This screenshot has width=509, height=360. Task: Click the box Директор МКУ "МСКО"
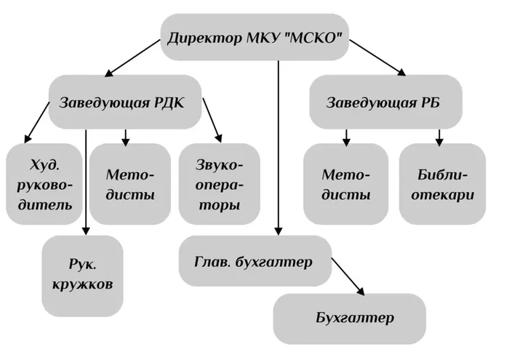coord(254,37)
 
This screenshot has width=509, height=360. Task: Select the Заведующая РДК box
coord(125,103)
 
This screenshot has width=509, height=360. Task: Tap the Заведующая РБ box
coord(385,103)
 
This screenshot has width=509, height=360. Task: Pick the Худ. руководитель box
coord(44,184)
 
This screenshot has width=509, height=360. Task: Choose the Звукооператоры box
coord(220,184)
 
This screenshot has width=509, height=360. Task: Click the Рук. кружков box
coord(82,276)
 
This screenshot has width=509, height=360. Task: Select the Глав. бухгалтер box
coord(255,261)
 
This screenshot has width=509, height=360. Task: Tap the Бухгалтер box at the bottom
coord(349,319)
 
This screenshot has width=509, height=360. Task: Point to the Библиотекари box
coord(442,184)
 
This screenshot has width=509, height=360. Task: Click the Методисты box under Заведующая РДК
coord(130,184)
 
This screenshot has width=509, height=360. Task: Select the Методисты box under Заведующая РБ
coord(346,184)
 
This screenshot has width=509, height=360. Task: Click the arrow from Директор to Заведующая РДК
coord(132,58)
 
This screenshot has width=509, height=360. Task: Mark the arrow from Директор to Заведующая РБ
coord(377,57)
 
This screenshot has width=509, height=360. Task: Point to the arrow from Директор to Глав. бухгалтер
coord(278,148)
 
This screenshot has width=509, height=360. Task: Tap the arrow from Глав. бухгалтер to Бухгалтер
coord(348,276)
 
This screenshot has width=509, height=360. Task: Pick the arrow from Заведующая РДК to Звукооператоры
coord(212,120)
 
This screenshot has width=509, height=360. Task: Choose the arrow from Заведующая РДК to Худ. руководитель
coord(36,122)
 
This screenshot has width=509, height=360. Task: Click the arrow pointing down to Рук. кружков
coord(86,182)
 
